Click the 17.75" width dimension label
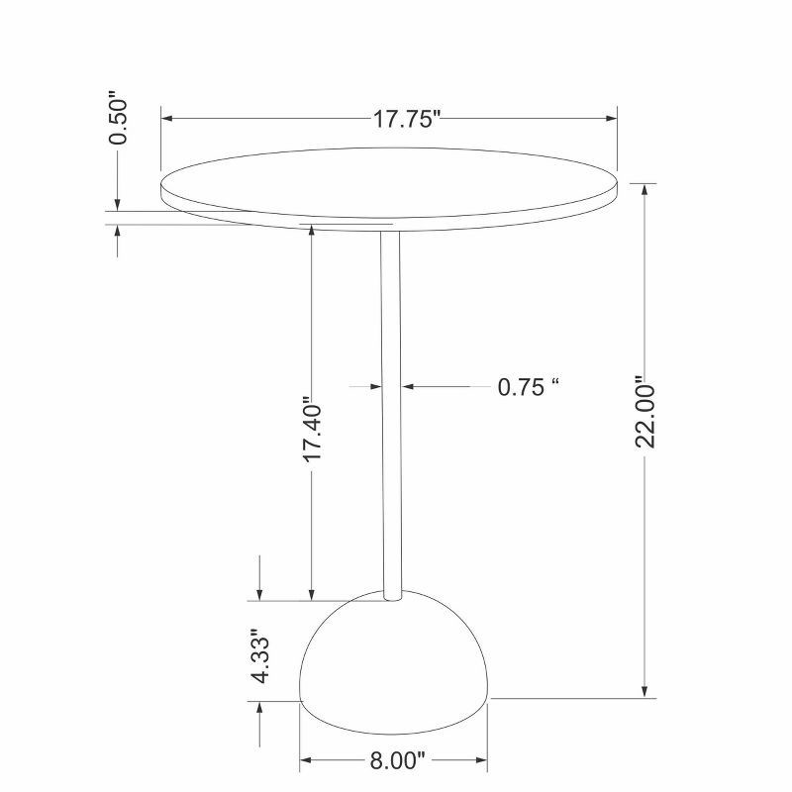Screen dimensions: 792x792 click(406, 120)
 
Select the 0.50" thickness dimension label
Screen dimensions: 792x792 click(119, 119)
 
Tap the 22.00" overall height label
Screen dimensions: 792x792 click(645, 411)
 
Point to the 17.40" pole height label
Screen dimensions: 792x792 click(312, 431)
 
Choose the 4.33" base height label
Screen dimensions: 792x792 click(260, 655)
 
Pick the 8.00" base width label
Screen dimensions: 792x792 click(396, 761)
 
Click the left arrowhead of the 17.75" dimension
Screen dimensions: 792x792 click(167, 119)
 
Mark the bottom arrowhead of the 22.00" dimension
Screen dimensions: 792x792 click(645, 692)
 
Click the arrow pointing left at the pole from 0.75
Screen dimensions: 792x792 click(407, 387)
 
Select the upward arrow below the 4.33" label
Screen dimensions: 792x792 click(260, 708)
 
